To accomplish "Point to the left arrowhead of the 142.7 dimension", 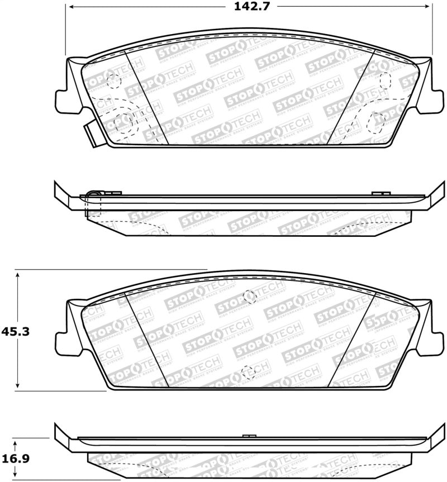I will click(70, 8).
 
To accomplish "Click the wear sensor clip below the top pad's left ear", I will click(91, 132).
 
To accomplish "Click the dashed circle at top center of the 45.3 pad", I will click(250, 297).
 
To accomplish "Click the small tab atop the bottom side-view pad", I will click(249, 435).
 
